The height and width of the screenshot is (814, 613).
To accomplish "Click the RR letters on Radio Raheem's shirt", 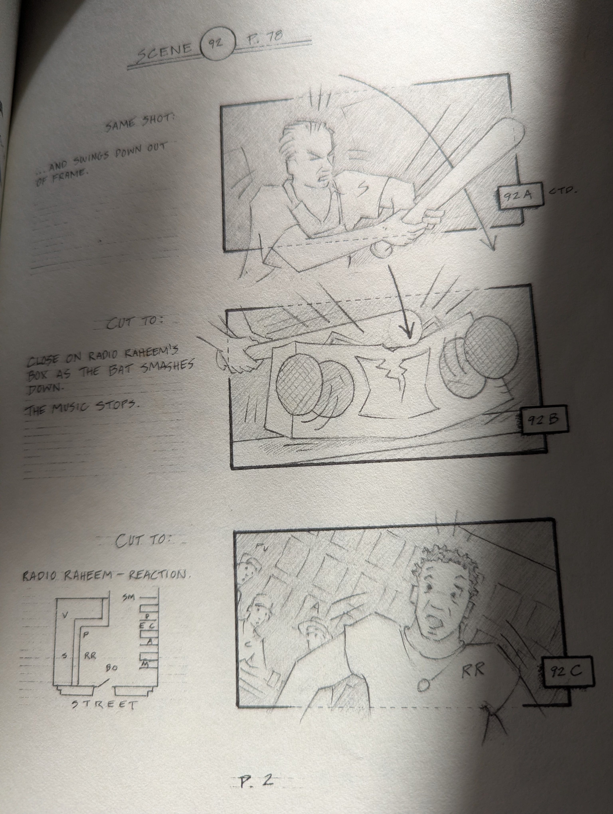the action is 473,671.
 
